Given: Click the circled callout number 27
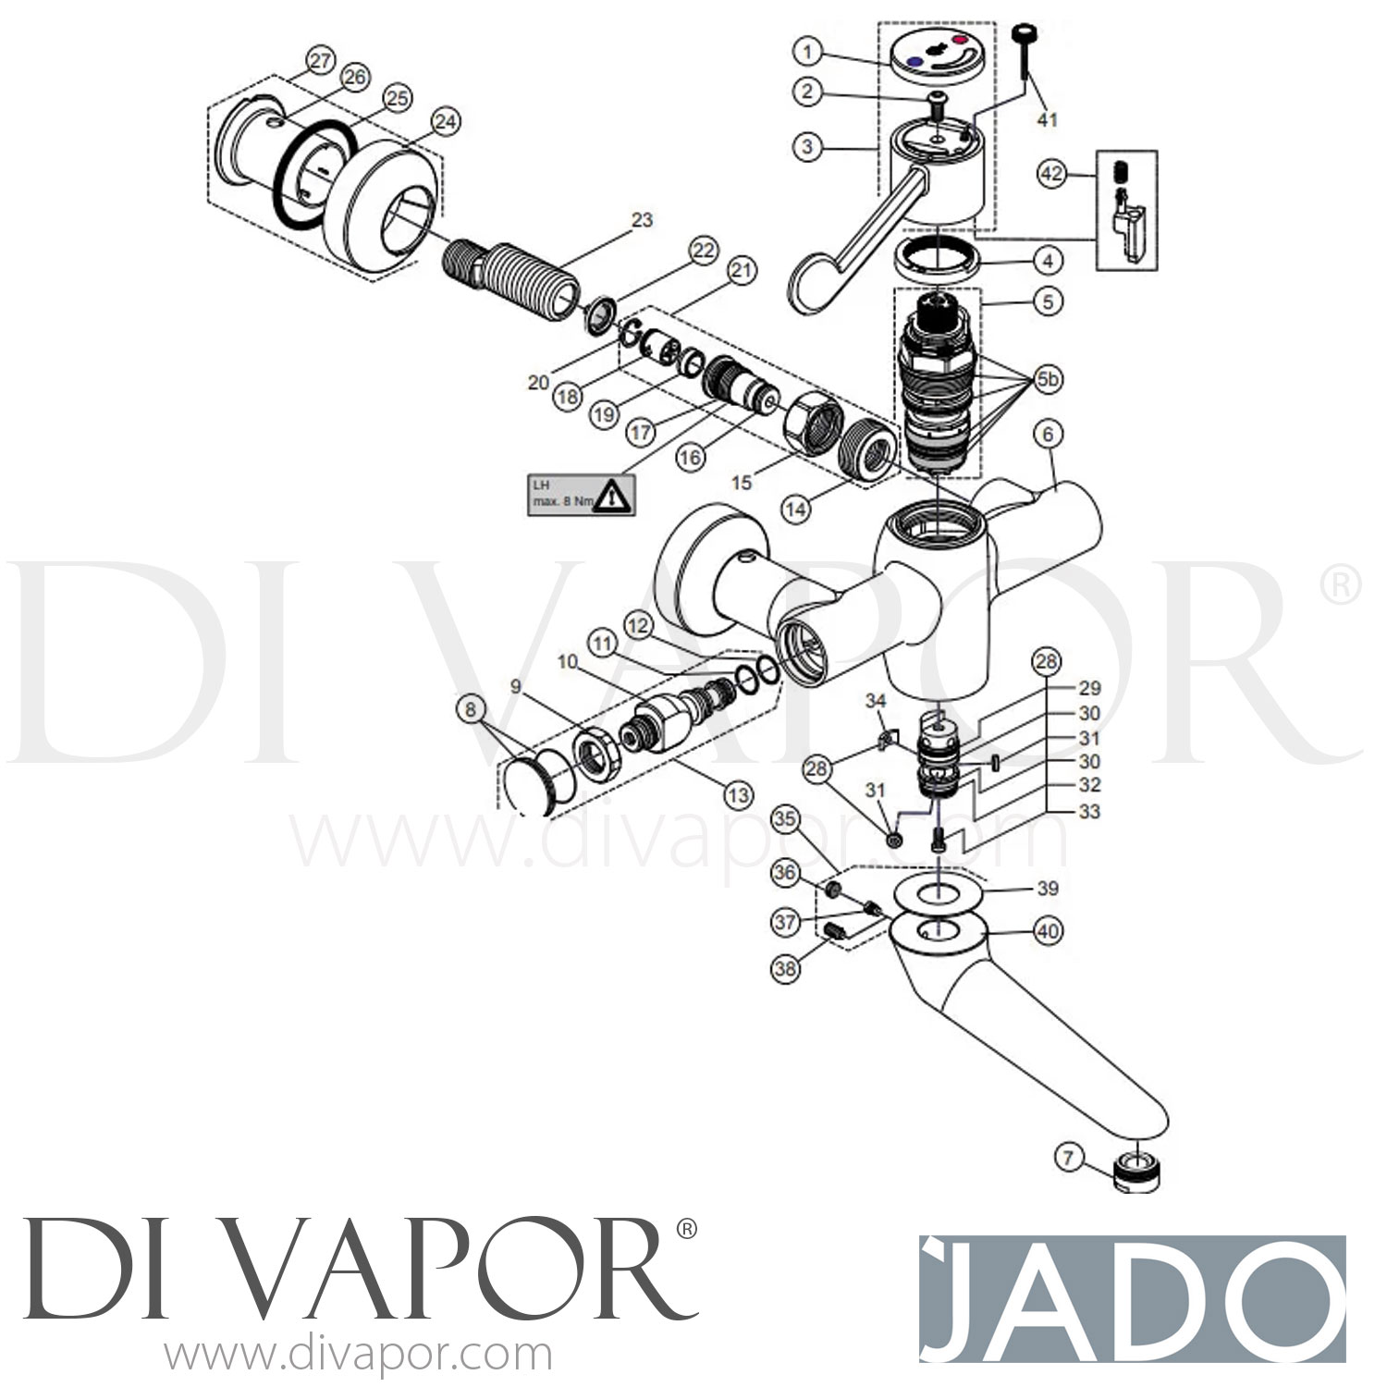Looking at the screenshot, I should [320, 63].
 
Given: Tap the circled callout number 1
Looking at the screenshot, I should [807, 52].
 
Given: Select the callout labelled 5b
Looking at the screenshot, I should [1048, 379].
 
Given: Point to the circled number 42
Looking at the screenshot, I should [1051, 174].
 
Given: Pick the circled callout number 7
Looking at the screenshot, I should [1069, 1157].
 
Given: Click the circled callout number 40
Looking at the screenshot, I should [1047, 932].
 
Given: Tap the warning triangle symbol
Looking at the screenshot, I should [608, 498].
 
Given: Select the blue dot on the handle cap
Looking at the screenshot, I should [915, 61].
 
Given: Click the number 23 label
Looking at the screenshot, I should [642, 220].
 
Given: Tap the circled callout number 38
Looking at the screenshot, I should [785, 968].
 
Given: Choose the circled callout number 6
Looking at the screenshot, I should [1048, 434].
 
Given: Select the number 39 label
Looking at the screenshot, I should [1047, 889].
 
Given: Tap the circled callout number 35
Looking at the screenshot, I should [785, 818].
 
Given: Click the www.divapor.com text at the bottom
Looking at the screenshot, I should [358, 1356].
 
